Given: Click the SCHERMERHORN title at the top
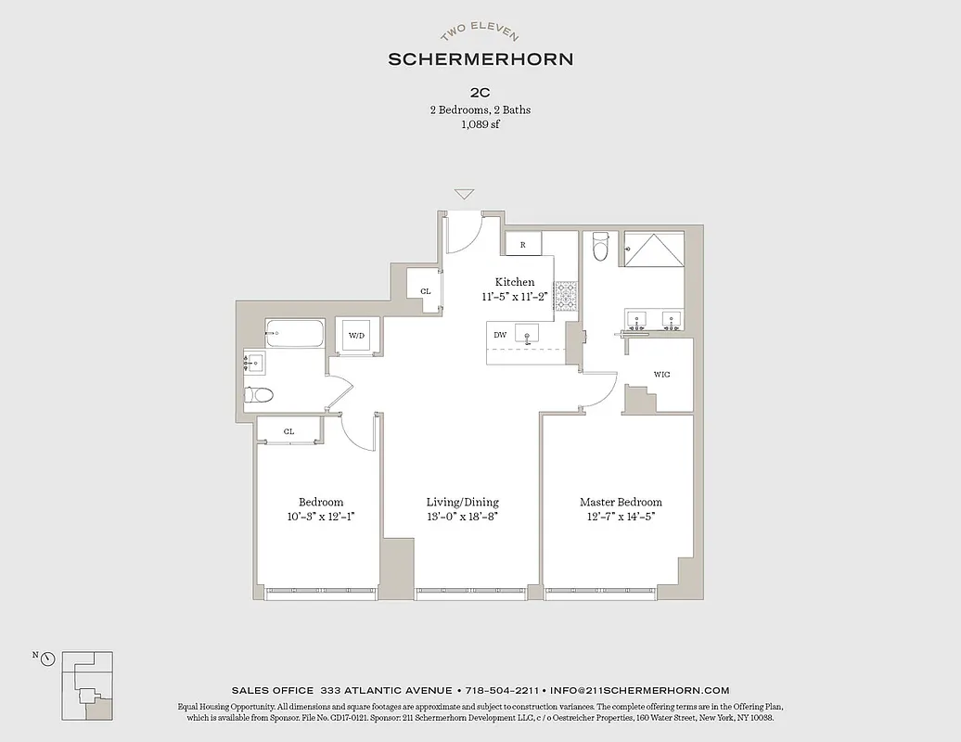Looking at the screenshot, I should click(480, 58).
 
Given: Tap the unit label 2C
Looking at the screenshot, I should click(480, 92).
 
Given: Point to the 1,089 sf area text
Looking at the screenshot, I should click(480, 124).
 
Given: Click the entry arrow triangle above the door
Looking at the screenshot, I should click(465, 195).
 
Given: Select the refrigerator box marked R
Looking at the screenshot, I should click(523, 245).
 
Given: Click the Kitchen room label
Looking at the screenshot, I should click(515, 282).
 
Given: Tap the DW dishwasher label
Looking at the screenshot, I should click(500, 335).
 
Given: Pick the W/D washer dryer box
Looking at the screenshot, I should click(356, 335).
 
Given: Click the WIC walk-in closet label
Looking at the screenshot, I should click(661, 375).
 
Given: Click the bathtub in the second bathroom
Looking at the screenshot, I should click(295, 334).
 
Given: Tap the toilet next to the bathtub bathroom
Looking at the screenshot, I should click(259, 395).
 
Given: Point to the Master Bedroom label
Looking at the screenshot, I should click(621, 502).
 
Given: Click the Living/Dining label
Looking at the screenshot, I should click(462, 502).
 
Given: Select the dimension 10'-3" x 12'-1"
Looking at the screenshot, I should click(321, 517).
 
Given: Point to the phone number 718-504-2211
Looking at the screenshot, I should click(501, 690).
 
